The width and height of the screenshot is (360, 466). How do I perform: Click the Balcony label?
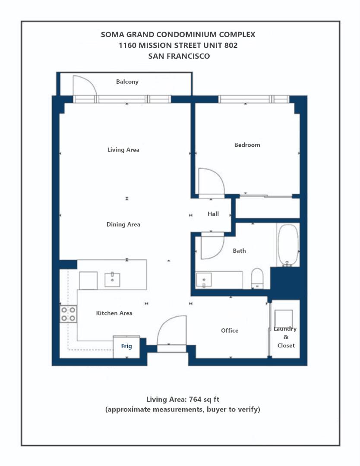127,82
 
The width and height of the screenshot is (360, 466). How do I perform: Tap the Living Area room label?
123,150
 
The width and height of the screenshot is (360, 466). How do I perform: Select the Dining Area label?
123,224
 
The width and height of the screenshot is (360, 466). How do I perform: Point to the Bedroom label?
247,145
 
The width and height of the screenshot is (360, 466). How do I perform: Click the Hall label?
213,214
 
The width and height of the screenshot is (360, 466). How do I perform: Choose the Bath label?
240,251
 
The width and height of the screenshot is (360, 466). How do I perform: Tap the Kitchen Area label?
114,313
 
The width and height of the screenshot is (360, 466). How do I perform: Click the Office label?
230,331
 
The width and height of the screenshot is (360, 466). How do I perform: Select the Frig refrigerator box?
126,346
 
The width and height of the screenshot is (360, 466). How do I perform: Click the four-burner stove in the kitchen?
68,314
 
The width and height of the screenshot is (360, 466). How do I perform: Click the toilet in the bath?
257,278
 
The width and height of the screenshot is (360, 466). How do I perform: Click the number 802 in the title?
228,45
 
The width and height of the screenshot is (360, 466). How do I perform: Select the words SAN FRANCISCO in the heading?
179,56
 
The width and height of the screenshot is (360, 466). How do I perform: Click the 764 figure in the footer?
188,399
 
